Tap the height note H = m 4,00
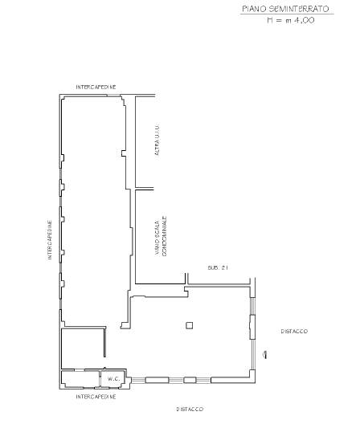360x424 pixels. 290,19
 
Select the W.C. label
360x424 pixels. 112,378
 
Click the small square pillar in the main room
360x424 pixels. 189,324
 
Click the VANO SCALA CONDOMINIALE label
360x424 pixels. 161,237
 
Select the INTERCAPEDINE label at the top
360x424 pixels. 96,86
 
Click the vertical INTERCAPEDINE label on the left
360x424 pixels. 49,240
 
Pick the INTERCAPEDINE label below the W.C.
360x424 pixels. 96,397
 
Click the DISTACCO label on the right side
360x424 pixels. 293,331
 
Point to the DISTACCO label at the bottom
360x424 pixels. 190,409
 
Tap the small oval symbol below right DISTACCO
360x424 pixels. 265,354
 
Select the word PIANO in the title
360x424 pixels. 252,8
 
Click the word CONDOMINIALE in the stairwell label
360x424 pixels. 164,237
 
